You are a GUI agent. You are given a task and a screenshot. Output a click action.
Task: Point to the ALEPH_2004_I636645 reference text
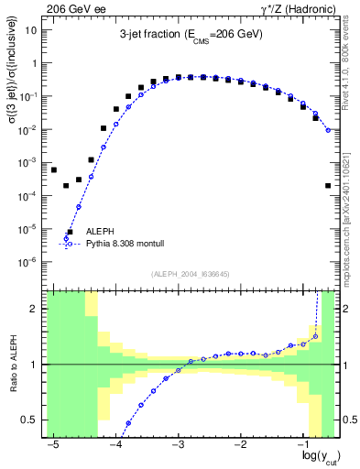[191, 274]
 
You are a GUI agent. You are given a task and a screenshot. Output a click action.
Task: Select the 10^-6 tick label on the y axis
[28, 262]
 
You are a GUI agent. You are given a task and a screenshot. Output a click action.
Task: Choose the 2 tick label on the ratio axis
[35, 310]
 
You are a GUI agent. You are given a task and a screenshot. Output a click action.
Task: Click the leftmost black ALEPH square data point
[54, 170]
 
